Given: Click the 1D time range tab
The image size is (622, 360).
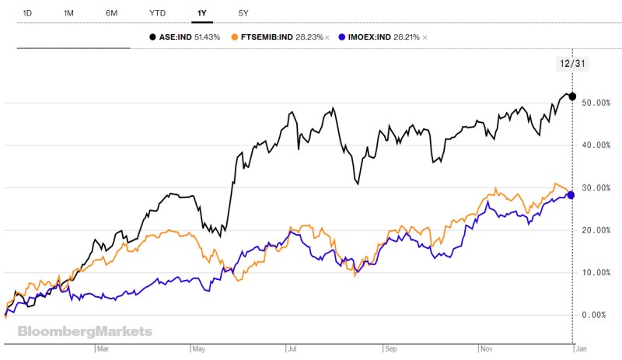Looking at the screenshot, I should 28,14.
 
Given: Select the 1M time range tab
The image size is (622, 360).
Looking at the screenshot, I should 69,14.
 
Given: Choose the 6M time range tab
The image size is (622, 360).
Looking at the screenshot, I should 111,14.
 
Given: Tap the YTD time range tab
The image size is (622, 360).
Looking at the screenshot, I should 157,14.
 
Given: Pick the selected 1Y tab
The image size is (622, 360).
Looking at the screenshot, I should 201,14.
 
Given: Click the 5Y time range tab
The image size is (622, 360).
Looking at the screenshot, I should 244,14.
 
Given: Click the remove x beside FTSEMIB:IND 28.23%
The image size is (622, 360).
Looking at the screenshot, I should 327,37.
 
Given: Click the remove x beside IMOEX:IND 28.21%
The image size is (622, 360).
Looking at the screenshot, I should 425,37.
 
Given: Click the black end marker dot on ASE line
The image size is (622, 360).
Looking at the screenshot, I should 573,96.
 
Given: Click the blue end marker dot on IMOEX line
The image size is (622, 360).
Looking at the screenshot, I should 571,194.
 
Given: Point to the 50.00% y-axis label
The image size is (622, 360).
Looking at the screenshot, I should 596,103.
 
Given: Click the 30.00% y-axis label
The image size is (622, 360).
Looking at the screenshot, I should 596,188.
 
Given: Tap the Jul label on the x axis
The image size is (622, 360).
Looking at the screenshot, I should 292,350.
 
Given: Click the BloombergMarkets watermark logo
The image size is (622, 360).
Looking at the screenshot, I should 86,332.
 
